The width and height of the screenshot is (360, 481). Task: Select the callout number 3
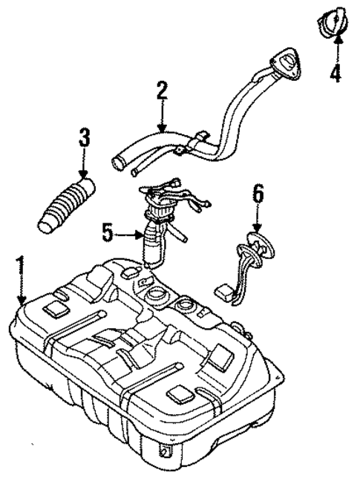(84, 139)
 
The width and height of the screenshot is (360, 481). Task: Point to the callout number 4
(336, 74)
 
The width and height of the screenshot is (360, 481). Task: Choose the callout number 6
(258, 194)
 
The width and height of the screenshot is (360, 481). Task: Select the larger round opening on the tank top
(157, 298)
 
